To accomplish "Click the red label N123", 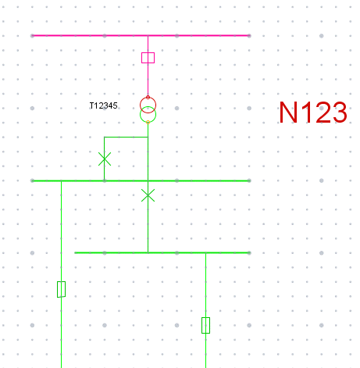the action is coord(313,113).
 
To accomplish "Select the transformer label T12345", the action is coord(104,105).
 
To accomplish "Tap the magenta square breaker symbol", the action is coord(148,58).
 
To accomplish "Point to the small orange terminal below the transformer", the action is coord(148,122).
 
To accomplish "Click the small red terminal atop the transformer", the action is coord(148,97).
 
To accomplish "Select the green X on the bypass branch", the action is coord(105,159).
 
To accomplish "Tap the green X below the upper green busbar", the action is coord(148,195).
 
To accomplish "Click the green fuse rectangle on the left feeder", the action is coord(61,289).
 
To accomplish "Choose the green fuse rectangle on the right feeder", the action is coord(205,325).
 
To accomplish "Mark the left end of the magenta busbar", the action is coord(32,35).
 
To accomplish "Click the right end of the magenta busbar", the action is coord(249,35).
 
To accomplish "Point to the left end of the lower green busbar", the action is coord(75,252).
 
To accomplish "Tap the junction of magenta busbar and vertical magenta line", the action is coord(148,35).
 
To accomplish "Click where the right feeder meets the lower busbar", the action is coord(205,252).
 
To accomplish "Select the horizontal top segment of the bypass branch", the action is coord(126,137).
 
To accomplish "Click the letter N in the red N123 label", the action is coord(288,113).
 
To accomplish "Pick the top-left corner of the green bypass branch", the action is coord(105,137).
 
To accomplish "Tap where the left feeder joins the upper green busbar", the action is coord(61,180).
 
